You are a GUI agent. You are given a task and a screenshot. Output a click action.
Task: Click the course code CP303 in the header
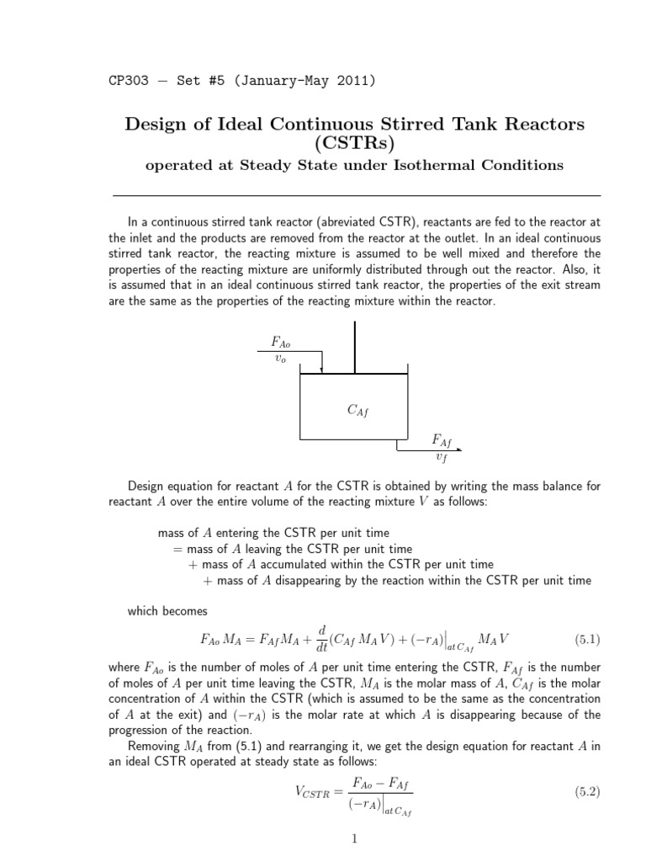point(128,82)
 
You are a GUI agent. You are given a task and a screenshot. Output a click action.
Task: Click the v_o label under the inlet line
point(281,357)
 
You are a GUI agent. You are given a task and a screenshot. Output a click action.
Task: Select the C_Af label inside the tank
point(357,410)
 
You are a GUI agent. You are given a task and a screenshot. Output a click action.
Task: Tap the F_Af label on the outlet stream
point(442,440)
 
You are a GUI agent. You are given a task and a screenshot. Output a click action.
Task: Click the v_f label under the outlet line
point(442,457)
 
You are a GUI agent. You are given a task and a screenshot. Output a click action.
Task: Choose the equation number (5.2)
point(586,792)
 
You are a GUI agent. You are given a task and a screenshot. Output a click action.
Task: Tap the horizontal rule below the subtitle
point(357,195)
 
